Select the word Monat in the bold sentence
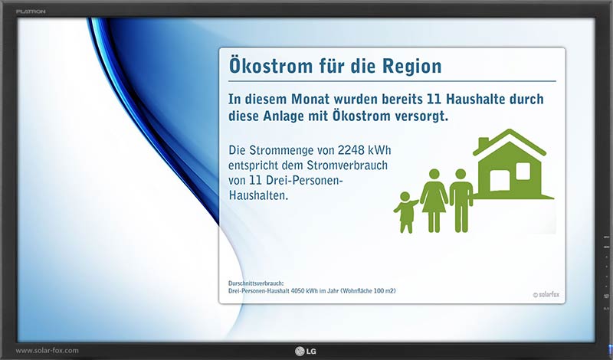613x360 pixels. click(310, 99)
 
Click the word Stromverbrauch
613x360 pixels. click(347, 165)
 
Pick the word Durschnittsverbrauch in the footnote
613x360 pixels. click(256, 283)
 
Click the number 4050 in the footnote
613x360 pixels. click(298, 291)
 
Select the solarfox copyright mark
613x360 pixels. click(546, 295)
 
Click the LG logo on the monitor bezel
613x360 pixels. click(306, 351)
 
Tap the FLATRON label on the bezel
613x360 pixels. click(31, 11)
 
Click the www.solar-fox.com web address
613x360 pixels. click(47, 350)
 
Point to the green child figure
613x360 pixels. click(405, 212)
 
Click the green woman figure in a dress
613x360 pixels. click(434, 201)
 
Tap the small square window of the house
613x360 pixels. click(523, 171)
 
